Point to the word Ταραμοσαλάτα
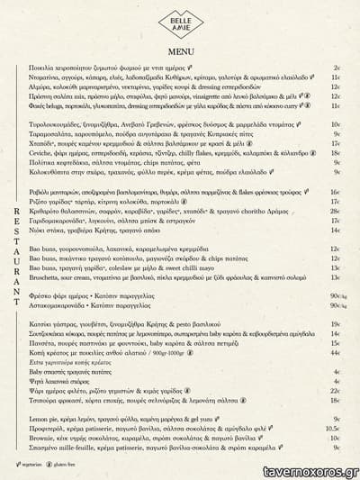tap(51, 133)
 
